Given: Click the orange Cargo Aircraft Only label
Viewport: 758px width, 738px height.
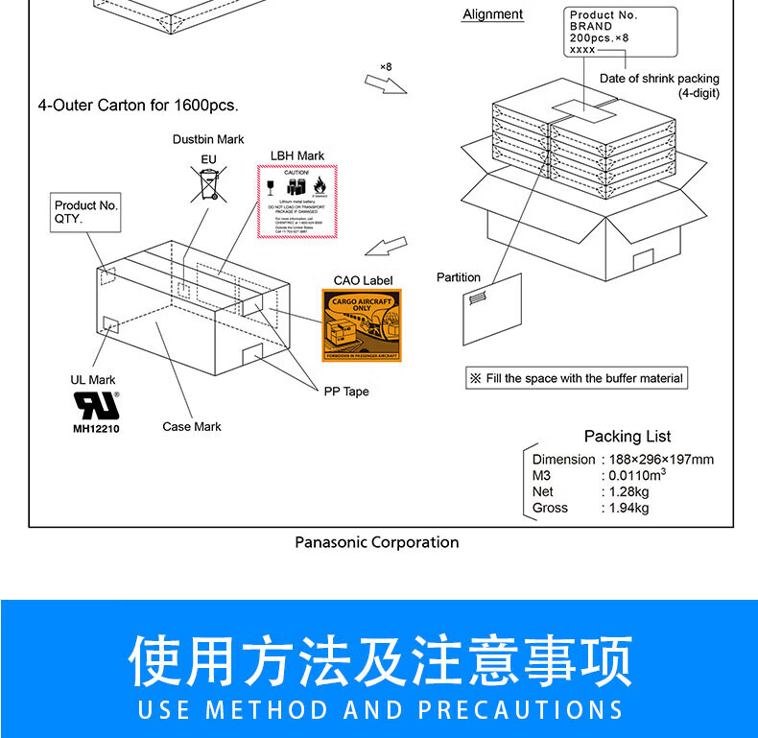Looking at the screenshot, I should [x=362, y=325].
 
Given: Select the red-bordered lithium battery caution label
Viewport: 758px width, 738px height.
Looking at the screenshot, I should [x=296, y=202].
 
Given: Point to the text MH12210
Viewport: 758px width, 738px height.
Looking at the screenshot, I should [x=96, y=428].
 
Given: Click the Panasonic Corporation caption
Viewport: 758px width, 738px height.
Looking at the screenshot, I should [x=376, y=542].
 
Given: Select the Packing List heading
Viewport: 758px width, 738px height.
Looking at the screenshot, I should [x=628, y=437].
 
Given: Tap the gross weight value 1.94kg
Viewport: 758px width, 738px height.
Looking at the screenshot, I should [x=628, y=508].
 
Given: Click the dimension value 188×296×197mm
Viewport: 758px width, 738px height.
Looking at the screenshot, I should [x=661, y=459].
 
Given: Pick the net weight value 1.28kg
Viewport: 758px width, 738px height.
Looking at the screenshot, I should [x=628, y=491].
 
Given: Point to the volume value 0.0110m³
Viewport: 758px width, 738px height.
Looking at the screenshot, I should [x=636, y=475].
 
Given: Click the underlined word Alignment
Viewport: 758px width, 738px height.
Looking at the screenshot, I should [x=492, y=14].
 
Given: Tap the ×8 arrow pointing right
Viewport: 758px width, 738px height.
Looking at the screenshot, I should [x=388, y=82].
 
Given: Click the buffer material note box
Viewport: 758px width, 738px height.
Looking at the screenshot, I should [x=576, y=378].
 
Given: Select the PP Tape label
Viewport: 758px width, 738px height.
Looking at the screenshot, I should [x=345, y=392].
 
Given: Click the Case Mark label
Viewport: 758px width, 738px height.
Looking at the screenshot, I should [x=191, y=427].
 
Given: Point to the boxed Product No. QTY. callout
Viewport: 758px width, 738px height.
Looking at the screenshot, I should [x=85, y=212].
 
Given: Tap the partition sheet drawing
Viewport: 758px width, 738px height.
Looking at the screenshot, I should [x=491, y=309].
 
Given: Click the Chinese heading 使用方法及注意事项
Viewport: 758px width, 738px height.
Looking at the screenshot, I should [x=381, y=661].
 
